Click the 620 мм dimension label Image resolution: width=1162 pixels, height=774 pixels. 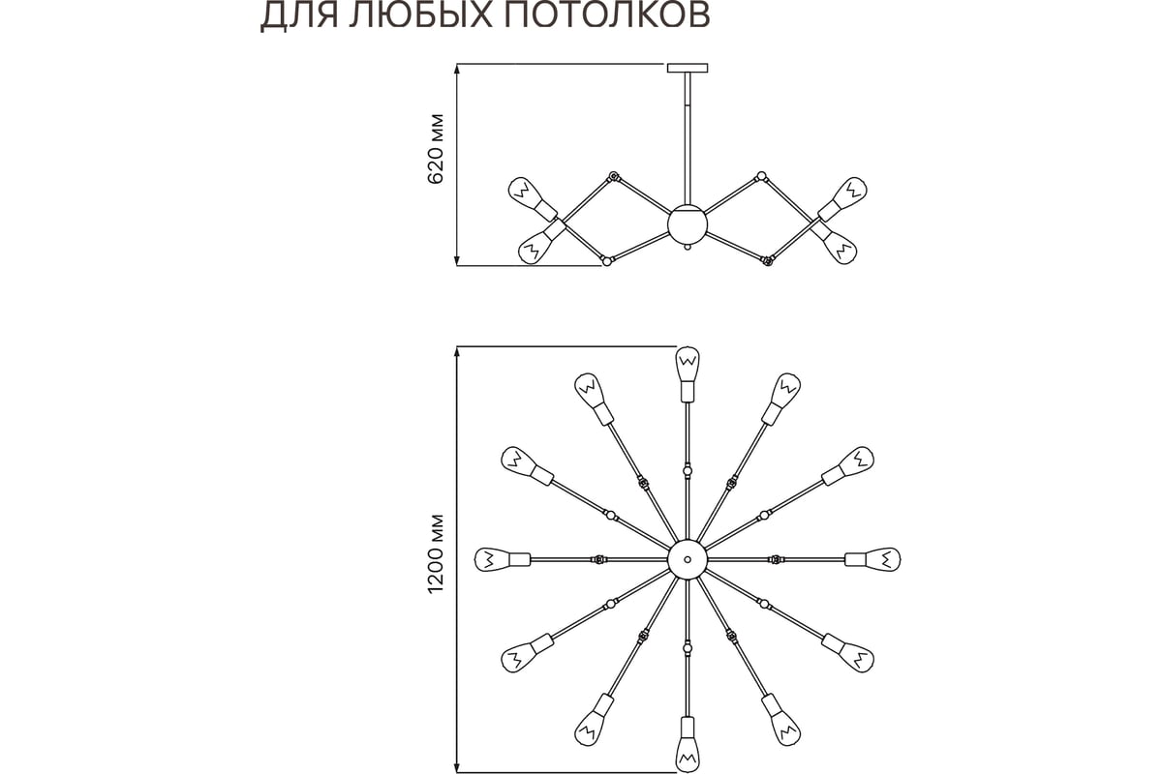click(x=436, y=149)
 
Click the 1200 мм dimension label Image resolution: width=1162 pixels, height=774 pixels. click(x=436, y=553)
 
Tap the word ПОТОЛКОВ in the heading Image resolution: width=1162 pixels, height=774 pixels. click(x=606, y=15)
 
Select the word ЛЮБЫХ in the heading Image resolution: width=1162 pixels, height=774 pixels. click(x=421, y=15)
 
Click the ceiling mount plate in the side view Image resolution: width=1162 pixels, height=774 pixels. click(x=688, y=68)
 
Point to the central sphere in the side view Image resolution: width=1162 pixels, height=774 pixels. click(x=688, y=225)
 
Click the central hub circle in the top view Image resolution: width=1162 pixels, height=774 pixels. click(x=688, y=559)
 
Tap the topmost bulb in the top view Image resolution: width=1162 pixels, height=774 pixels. click(x=688, y=374)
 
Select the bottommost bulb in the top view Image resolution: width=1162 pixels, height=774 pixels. click(x=688, y=745)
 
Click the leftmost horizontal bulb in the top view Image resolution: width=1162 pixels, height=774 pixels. click(x=503, y=559)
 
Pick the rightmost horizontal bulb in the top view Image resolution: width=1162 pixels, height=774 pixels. click(x=872, y=559)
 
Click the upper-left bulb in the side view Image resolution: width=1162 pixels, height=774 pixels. click(x=533, y=198)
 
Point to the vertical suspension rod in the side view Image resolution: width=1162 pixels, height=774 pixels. click(x=688, y=139)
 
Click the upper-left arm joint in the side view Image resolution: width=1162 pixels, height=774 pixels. click(x=614, y=176)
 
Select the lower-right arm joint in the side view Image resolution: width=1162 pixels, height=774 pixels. click(x=767, y=261)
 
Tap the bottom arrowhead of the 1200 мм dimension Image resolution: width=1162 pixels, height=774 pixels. click(x=457, y=766)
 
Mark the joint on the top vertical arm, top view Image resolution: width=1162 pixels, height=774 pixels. click(x=688, y=471)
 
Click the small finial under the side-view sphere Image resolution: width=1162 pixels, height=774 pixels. click(x=688, y=248)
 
